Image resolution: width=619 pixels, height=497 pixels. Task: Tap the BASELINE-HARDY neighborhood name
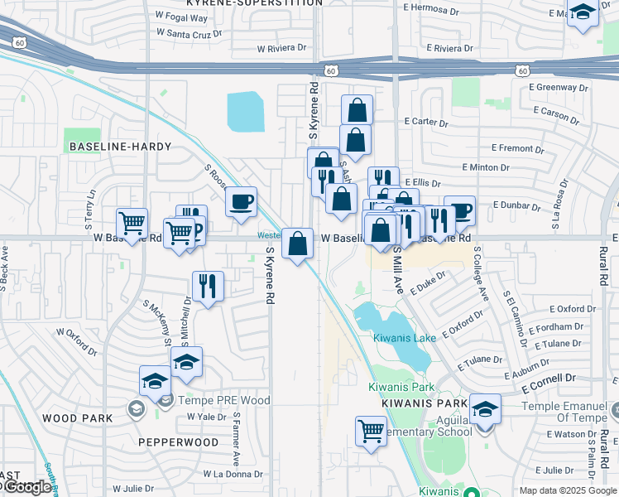click(x=120, y=147)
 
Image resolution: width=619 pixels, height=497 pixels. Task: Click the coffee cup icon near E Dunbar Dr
click(x=459, y=210)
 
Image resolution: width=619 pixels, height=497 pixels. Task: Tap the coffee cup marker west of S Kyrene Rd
click(x=241, y=202)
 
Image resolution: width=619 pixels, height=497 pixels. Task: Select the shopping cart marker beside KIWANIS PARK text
click(x=371, y=430)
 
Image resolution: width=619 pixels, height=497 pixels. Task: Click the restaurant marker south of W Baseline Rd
click(x=208, y=287)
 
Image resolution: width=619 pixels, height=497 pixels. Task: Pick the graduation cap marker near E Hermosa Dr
click(x=583, y=13)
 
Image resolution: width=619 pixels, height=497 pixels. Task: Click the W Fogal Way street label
click(x=181, y=16)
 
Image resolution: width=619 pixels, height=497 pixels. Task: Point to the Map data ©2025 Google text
click(x=567, y=490)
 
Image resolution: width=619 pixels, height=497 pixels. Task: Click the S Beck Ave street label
click(x=5, y=267)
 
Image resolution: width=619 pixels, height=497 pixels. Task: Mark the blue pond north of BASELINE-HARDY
click(x=245, y=112)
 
